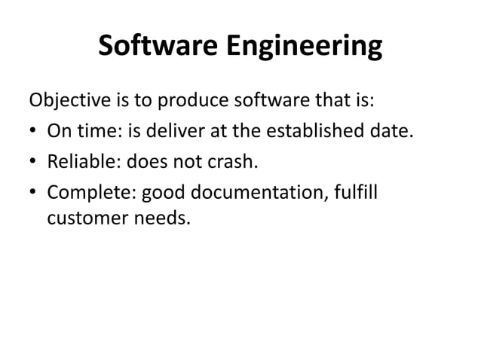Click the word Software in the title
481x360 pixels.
[x=155, y=47]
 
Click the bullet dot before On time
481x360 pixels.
[x=34, y=133]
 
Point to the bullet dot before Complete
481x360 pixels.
[x=34, y=194]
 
